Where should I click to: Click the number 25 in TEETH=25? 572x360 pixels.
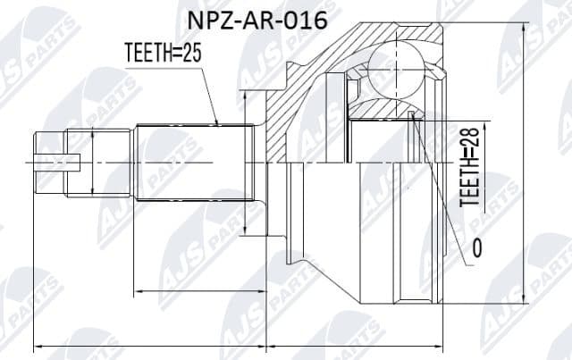[192, 54]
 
